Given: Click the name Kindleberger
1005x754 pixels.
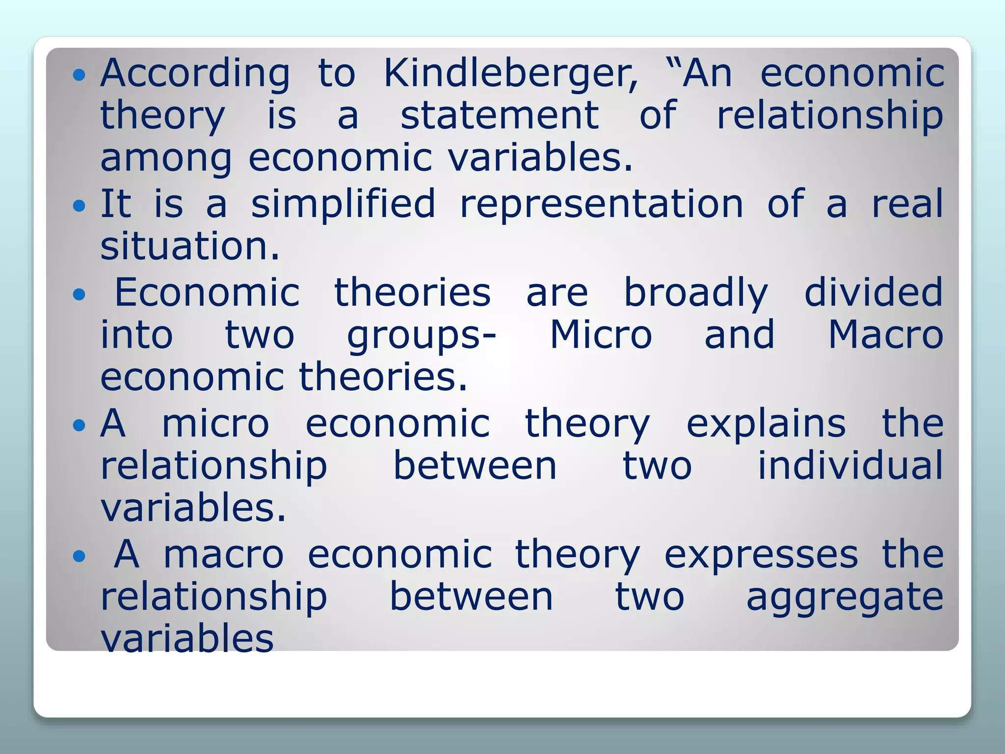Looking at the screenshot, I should [510, 74].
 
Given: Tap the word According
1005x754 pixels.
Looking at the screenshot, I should [195, 74].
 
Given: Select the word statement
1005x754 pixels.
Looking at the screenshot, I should [500, 115].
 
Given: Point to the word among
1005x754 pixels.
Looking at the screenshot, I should [166, 159].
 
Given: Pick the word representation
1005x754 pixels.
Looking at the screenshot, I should [602, 204].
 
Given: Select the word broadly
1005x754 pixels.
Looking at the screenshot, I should [696, 293].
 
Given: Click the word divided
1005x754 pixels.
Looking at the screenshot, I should [873, 292].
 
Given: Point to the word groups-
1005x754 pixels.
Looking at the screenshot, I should [422, 336].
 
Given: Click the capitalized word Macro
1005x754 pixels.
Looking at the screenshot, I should [886, 335].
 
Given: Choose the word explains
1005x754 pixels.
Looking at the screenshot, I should [766, 424].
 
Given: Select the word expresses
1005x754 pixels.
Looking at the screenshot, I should [761, 555].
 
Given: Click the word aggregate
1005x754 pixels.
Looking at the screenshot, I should [845, 597].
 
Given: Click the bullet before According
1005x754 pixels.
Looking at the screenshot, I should [79, 75].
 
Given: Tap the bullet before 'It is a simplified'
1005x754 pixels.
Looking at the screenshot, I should [79, 205].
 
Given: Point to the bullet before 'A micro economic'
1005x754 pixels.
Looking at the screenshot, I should [79, 425].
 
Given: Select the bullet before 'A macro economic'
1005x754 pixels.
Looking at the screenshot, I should [79, 556].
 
